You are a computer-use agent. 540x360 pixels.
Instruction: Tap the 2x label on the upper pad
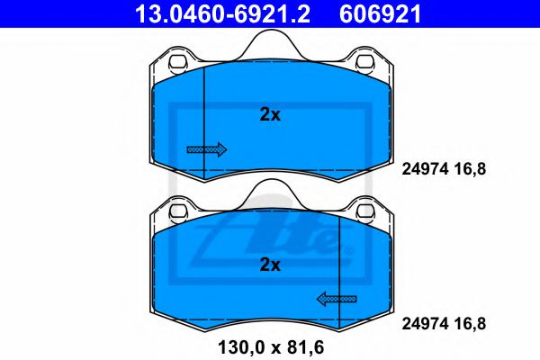pyautogui.click(x=270, y=114)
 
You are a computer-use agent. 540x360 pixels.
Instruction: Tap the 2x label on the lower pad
pyautogui.click(x=270, y=265)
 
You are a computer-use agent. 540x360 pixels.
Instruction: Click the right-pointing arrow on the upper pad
pyautogui.click(x=206, y=149)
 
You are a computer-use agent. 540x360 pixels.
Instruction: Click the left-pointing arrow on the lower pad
pyautogui.click(x=336, y=299)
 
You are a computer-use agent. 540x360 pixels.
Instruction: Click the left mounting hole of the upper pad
pyautogui.click(x=175, y=64)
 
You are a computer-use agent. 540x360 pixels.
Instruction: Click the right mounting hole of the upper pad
pyautogui.click(x=365, y=64)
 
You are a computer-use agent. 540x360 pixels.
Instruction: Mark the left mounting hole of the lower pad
pyautogui.click(x=175, y=213)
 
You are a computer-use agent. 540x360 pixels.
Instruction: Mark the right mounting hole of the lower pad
pyautogui.click(x=365, y=213)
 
